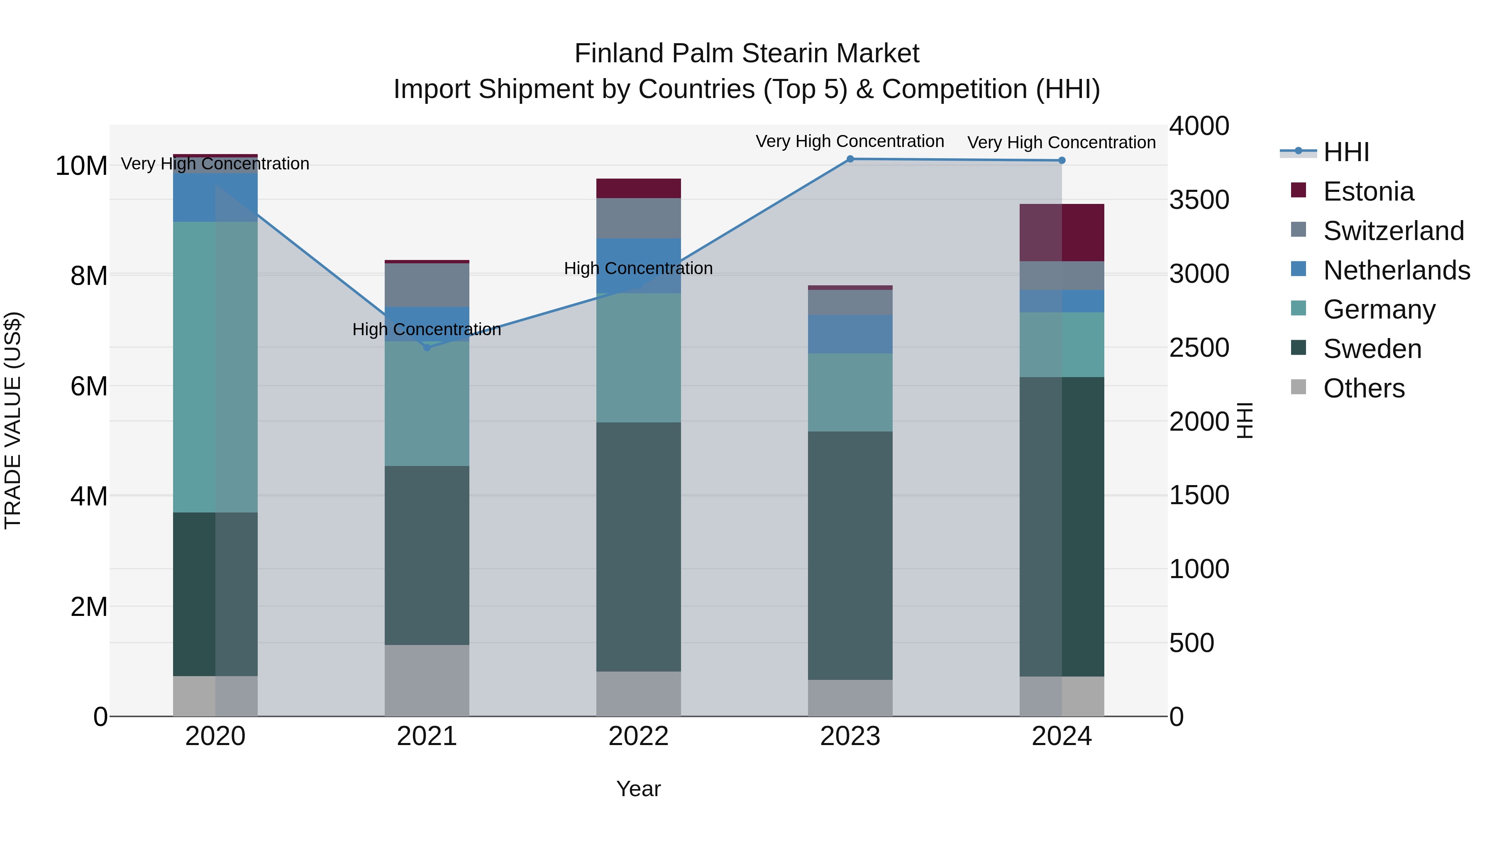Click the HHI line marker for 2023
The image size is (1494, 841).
[x=850, y=159]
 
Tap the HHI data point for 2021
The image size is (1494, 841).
[x=427, y=348]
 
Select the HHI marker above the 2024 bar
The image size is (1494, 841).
[x=1062, y=161]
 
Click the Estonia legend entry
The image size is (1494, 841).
[x=1368, y=191]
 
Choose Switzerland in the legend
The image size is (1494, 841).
[x=1393, y=231]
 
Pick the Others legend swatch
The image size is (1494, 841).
[x=1299, y=387]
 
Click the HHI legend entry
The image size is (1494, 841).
[x=1345, y=152]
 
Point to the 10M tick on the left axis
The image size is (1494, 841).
[x=81, y=166]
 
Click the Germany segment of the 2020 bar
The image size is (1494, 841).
[x=215, y=367]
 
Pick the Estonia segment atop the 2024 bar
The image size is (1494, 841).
[x=1062, y=233]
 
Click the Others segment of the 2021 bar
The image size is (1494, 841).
[x=427, y=680]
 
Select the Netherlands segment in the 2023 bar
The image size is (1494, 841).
[x=850, y=334]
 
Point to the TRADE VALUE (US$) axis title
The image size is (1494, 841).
[x=13, y=420]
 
